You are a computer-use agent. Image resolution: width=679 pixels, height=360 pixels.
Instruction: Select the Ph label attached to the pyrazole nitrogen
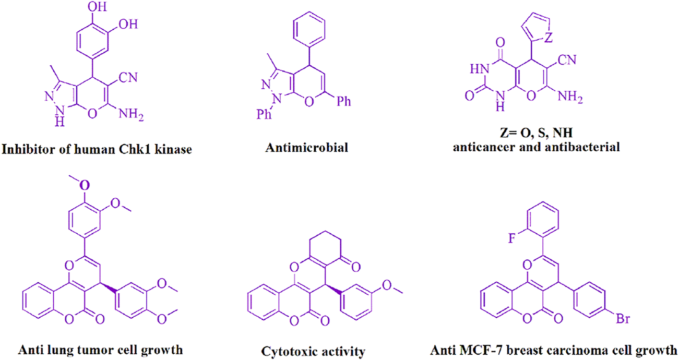[x=264, y=114]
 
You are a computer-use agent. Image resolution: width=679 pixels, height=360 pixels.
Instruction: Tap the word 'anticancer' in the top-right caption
[x=483, y=147]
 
